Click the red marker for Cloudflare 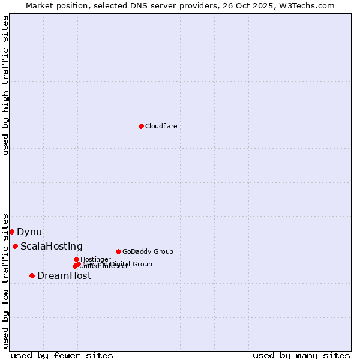click(141, 126)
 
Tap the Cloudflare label click(161, 126)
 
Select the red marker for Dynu click(11, 232)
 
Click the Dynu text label click(29, 232)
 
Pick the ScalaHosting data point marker click(15, 246)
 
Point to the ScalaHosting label click(51, 246)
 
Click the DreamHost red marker click(32, 275)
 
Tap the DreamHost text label click(64, 275)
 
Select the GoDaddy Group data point click(118, 251)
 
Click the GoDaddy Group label click(148, 251)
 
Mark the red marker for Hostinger click(76, 259)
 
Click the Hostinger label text click(95, 259)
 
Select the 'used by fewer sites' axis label click(62, 355)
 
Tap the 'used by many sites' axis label click(301, 355)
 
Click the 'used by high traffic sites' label click(5, 85)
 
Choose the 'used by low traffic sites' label click(5, 280)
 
